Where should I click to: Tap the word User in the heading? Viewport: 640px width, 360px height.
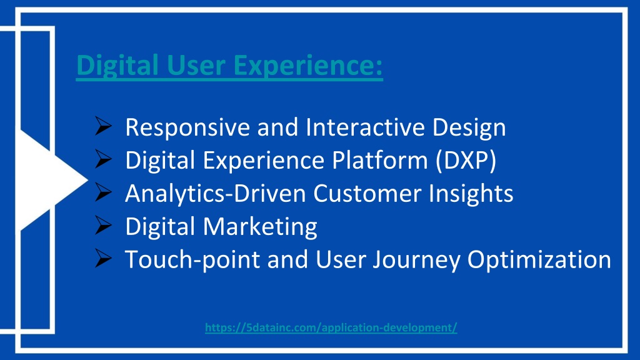pos(196,65)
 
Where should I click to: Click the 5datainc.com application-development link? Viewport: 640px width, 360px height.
pos(331,327)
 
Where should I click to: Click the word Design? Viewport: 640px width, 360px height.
pos(469,127)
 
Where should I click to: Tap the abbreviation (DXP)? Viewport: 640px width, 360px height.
pos(466,160)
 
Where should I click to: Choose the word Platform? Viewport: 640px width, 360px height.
pos(379,159)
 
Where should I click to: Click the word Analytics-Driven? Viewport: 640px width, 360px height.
pos(216,194)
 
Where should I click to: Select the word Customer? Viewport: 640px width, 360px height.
pos(367,193)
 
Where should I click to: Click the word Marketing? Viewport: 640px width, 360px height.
pos(260,226)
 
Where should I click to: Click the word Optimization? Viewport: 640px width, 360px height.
pos(539,259)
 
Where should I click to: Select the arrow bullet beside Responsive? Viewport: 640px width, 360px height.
pos(103,126)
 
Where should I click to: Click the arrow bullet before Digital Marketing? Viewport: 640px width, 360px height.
pos(103,225)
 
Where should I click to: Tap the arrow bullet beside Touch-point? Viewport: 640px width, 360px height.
pos(103,258)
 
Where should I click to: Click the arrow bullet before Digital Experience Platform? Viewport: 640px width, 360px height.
pos(103,159)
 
